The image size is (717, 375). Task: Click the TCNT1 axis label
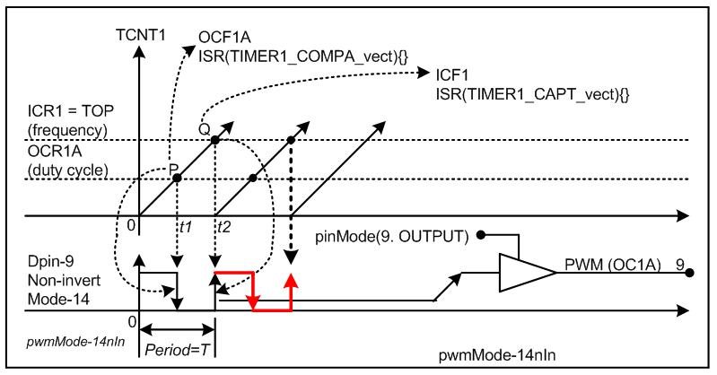(139, 36)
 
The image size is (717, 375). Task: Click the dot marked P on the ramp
(178, 178)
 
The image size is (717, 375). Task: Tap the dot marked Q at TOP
(216, 139)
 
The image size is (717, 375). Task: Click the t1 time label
(187, 228)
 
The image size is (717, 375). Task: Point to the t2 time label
(223, 228)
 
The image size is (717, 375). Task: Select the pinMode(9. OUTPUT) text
(393, 237)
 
